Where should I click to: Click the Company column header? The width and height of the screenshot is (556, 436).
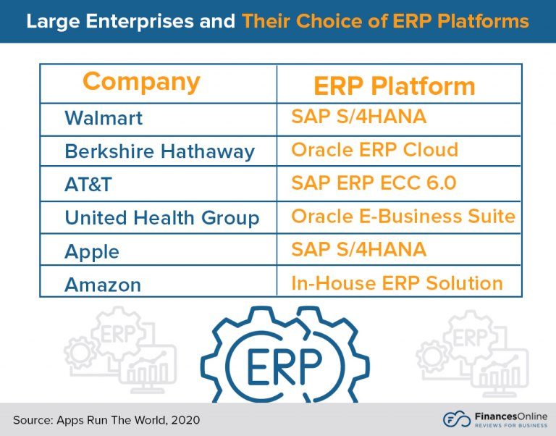pos(141,82)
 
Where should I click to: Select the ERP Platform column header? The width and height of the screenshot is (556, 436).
pos(394,86)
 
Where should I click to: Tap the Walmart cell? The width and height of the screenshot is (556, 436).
pos(104,118)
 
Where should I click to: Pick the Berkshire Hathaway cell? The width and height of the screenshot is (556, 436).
pos(159,151)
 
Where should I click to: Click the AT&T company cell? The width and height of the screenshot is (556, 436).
pos(88,185)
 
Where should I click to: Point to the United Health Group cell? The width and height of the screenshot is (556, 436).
pos(161,218)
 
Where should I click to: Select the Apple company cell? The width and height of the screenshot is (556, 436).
pos(92,252)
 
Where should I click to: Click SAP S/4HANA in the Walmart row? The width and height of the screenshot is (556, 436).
pos(358,117)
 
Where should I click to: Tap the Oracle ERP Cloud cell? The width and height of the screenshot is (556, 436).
pos(374,150)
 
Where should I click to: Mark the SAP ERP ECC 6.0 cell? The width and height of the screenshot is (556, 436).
pos(374,183)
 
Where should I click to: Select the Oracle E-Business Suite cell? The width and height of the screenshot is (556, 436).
pos(403,216)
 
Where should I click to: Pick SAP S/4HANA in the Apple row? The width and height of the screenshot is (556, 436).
pos(358,250)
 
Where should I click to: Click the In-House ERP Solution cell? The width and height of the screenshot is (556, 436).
pos(397,282)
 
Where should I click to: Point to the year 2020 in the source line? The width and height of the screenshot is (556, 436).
pos(184,420)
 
